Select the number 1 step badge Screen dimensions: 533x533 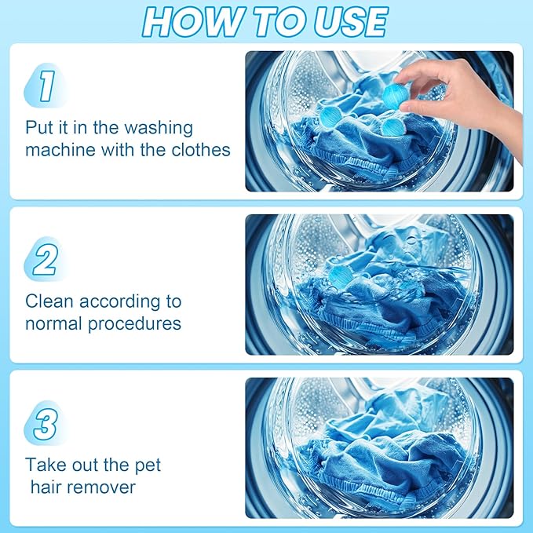46,86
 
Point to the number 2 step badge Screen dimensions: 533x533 45,259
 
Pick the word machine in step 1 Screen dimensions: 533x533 59,149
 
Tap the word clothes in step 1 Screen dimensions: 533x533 195,149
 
